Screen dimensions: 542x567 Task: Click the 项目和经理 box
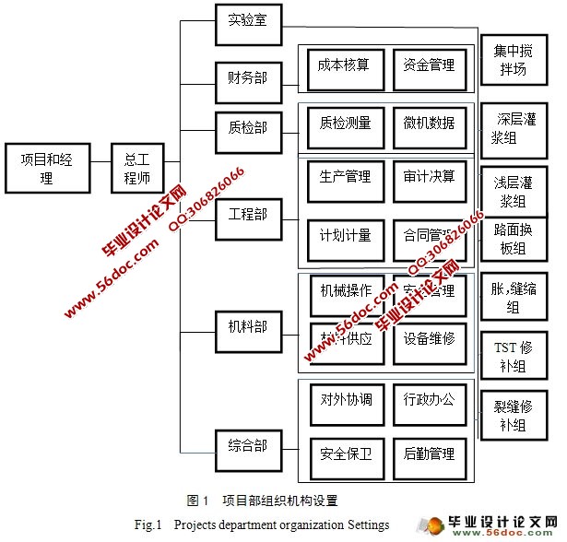pyautogui.click(x=47, y=169)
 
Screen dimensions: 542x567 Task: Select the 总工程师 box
pyautogui.click(x=137, y=169)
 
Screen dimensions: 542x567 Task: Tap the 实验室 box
pyautogui.click(x=247, y=21)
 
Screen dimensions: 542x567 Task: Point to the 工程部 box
pyautogui.click(x=247, y=215)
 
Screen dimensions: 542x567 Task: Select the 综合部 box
pyautogui.click(x=247, y=446)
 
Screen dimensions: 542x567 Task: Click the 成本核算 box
pyautogui.click(x=343, y=66)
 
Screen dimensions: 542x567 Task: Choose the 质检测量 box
pyautogui.click(x=344, y=124)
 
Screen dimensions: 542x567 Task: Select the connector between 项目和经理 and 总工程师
pyautogui.click(x=100, y=169)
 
